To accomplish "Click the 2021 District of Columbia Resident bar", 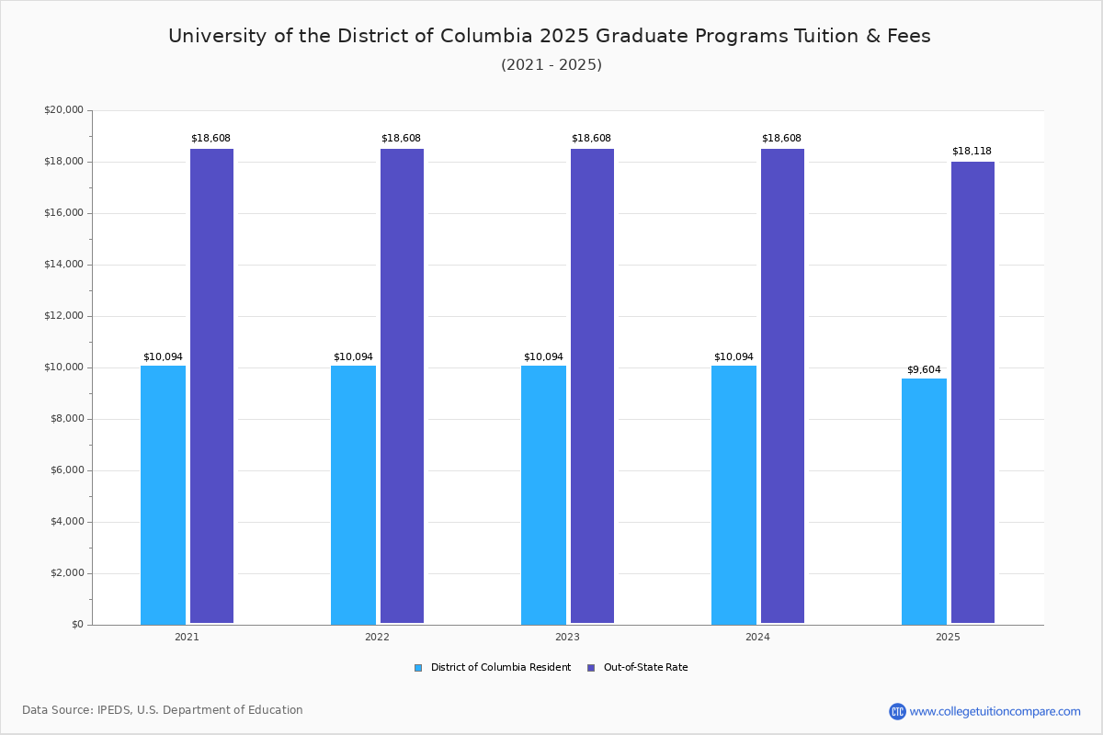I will pyautogui.click(x=163, y=495).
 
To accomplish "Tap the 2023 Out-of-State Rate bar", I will pyautogui.click(x=592, y=386).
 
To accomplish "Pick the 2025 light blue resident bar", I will pyautogui.click(x=924, y=502).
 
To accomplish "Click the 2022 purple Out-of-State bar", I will pyautogui.click(x=402, y=386).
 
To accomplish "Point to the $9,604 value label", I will pyautogui.click(x=924, y=369).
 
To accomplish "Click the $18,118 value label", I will pyautogui.click(x=972, y=151).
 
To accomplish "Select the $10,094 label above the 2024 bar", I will pyautogui.click(x=733, y=356).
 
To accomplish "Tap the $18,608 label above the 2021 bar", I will pyautogui.click(x=210, y=138).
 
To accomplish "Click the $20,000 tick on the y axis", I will pyautogui.click(x=63, y=110).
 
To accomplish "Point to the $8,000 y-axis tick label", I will pyautogui.click(x=66, y=419).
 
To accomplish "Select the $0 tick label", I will pyautogui.click(x=76, y=625).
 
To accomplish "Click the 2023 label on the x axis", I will pyautogui.click(x=567, y=637).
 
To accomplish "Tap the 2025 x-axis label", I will pyautogui.click(x=948, y=637).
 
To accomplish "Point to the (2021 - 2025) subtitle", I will pyautogui.click(x=551, y=65).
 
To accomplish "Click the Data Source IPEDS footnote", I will pyautogui.click(x=163, y=710).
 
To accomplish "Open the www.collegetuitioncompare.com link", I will pyautogui.click(x=995, y=711).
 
